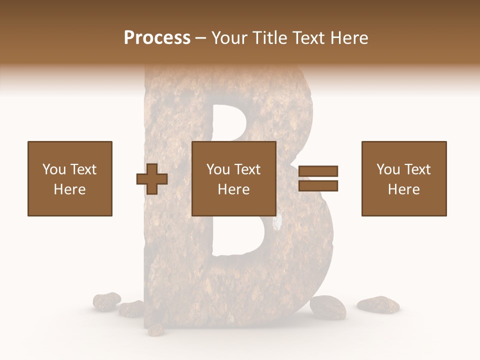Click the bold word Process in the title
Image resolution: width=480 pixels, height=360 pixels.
point(157,38)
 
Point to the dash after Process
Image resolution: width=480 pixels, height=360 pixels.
point(201,38)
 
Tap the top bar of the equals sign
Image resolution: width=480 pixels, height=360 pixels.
point(318,171)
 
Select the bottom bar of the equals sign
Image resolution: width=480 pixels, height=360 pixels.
point(318,186)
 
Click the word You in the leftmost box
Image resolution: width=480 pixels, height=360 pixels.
point(54,169)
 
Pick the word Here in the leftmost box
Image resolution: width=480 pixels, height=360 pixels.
point(70,189)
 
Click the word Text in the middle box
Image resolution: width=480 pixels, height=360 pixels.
point(246,169)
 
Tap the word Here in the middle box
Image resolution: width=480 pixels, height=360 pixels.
point(234,189)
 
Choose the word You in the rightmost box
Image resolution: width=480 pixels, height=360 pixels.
point(388,169)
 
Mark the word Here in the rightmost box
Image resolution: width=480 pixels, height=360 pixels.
point(404,189)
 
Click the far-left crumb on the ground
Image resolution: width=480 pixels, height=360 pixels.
point(106,300)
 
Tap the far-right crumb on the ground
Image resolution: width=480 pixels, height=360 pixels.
point(378,304)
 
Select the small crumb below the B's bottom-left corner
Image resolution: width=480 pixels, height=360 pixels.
point(156,329)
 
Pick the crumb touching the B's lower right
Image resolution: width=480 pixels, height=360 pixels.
point(328,306)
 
